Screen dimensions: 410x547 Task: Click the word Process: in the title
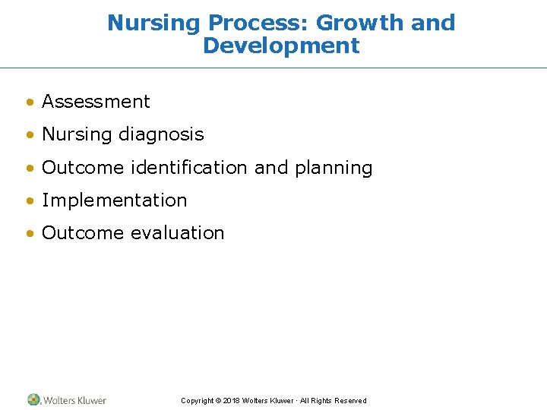coord(258,23)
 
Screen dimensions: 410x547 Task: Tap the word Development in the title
coord(281,46)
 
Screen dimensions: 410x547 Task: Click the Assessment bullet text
coord(96,102)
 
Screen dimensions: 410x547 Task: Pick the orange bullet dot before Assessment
coord(29,102)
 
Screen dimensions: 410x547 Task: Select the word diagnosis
coord(161,135)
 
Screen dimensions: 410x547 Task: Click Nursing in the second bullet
coord(77,134)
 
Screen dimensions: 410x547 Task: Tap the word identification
coord(189,168)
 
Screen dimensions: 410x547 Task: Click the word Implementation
coord(114,200)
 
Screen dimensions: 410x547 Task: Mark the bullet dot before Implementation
coord(29,201)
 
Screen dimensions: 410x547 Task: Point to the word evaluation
coord(178,233)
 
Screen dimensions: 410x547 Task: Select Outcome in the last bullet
coord(84,233)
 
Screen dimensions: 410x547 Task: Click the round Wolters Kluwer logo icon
coord(34,399)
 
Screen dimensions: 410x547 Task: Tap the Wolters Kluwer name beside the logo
coord(74,400)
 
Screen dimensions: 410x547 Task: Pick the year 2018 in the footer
coord(232,401)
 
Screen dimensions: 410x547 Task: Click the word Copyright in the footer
coord(197,401)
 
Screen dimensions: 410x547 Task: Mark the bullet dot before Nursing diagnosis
coord(29,135)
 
